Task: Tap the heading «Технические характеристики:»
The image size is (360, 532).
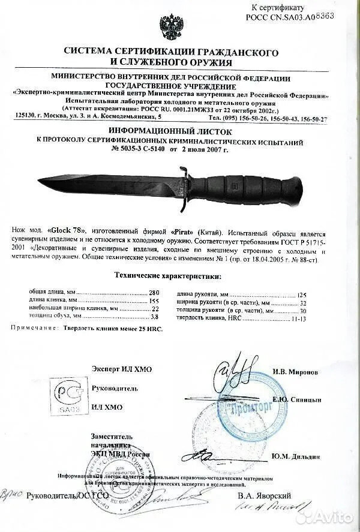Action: pyautogui.click(x=167, y=276)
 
